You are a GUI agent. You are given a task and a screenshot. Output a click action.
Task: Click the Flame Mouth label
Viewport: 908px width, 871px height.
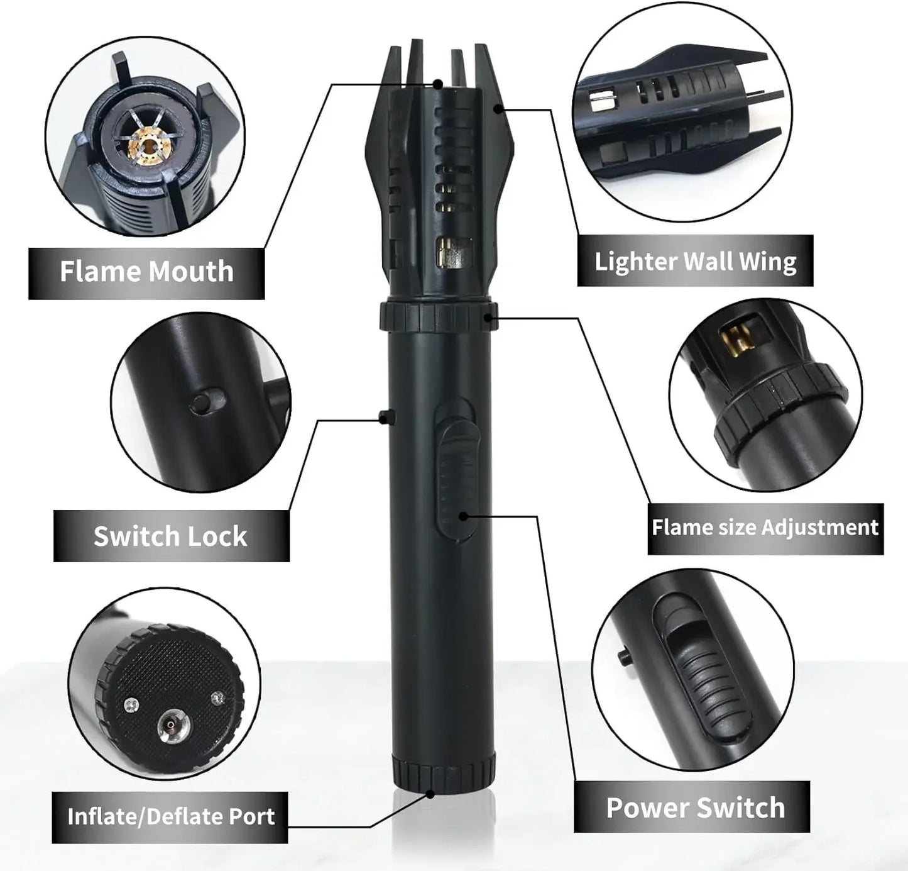(x=146, y=272)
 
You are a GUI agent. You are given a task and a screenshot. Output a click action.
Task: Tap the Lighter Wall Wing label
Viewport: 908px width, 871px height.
(x=695, y=261)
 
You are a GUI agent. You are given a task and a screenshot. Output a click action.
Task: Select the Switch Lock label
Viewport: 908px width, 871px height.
(x=170, y=536)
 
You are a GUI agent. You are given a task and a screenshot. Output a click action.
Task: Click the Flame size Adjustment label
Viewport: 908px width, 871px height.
(x=765, y=527)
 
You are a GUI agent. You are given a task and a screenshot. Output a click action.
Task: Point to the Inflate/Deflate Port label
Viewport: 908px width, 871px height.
(x=170, y=816)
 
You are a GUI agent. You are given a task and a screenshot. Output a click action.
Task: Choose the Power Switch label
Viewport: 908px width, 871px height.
(x=695, y=807)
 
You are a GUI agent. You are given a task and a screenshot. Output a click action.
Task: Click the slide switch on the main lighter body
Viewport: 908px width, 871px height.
(x=454, y=478)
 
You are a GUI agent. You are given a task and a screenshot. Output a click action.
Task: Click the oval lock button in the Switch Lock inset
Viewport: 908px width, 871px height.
(x=205, y=402)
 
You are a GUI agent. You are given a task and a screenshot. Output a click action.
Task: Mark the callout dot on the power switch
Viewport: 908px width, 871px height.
(x=463, y=516)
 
